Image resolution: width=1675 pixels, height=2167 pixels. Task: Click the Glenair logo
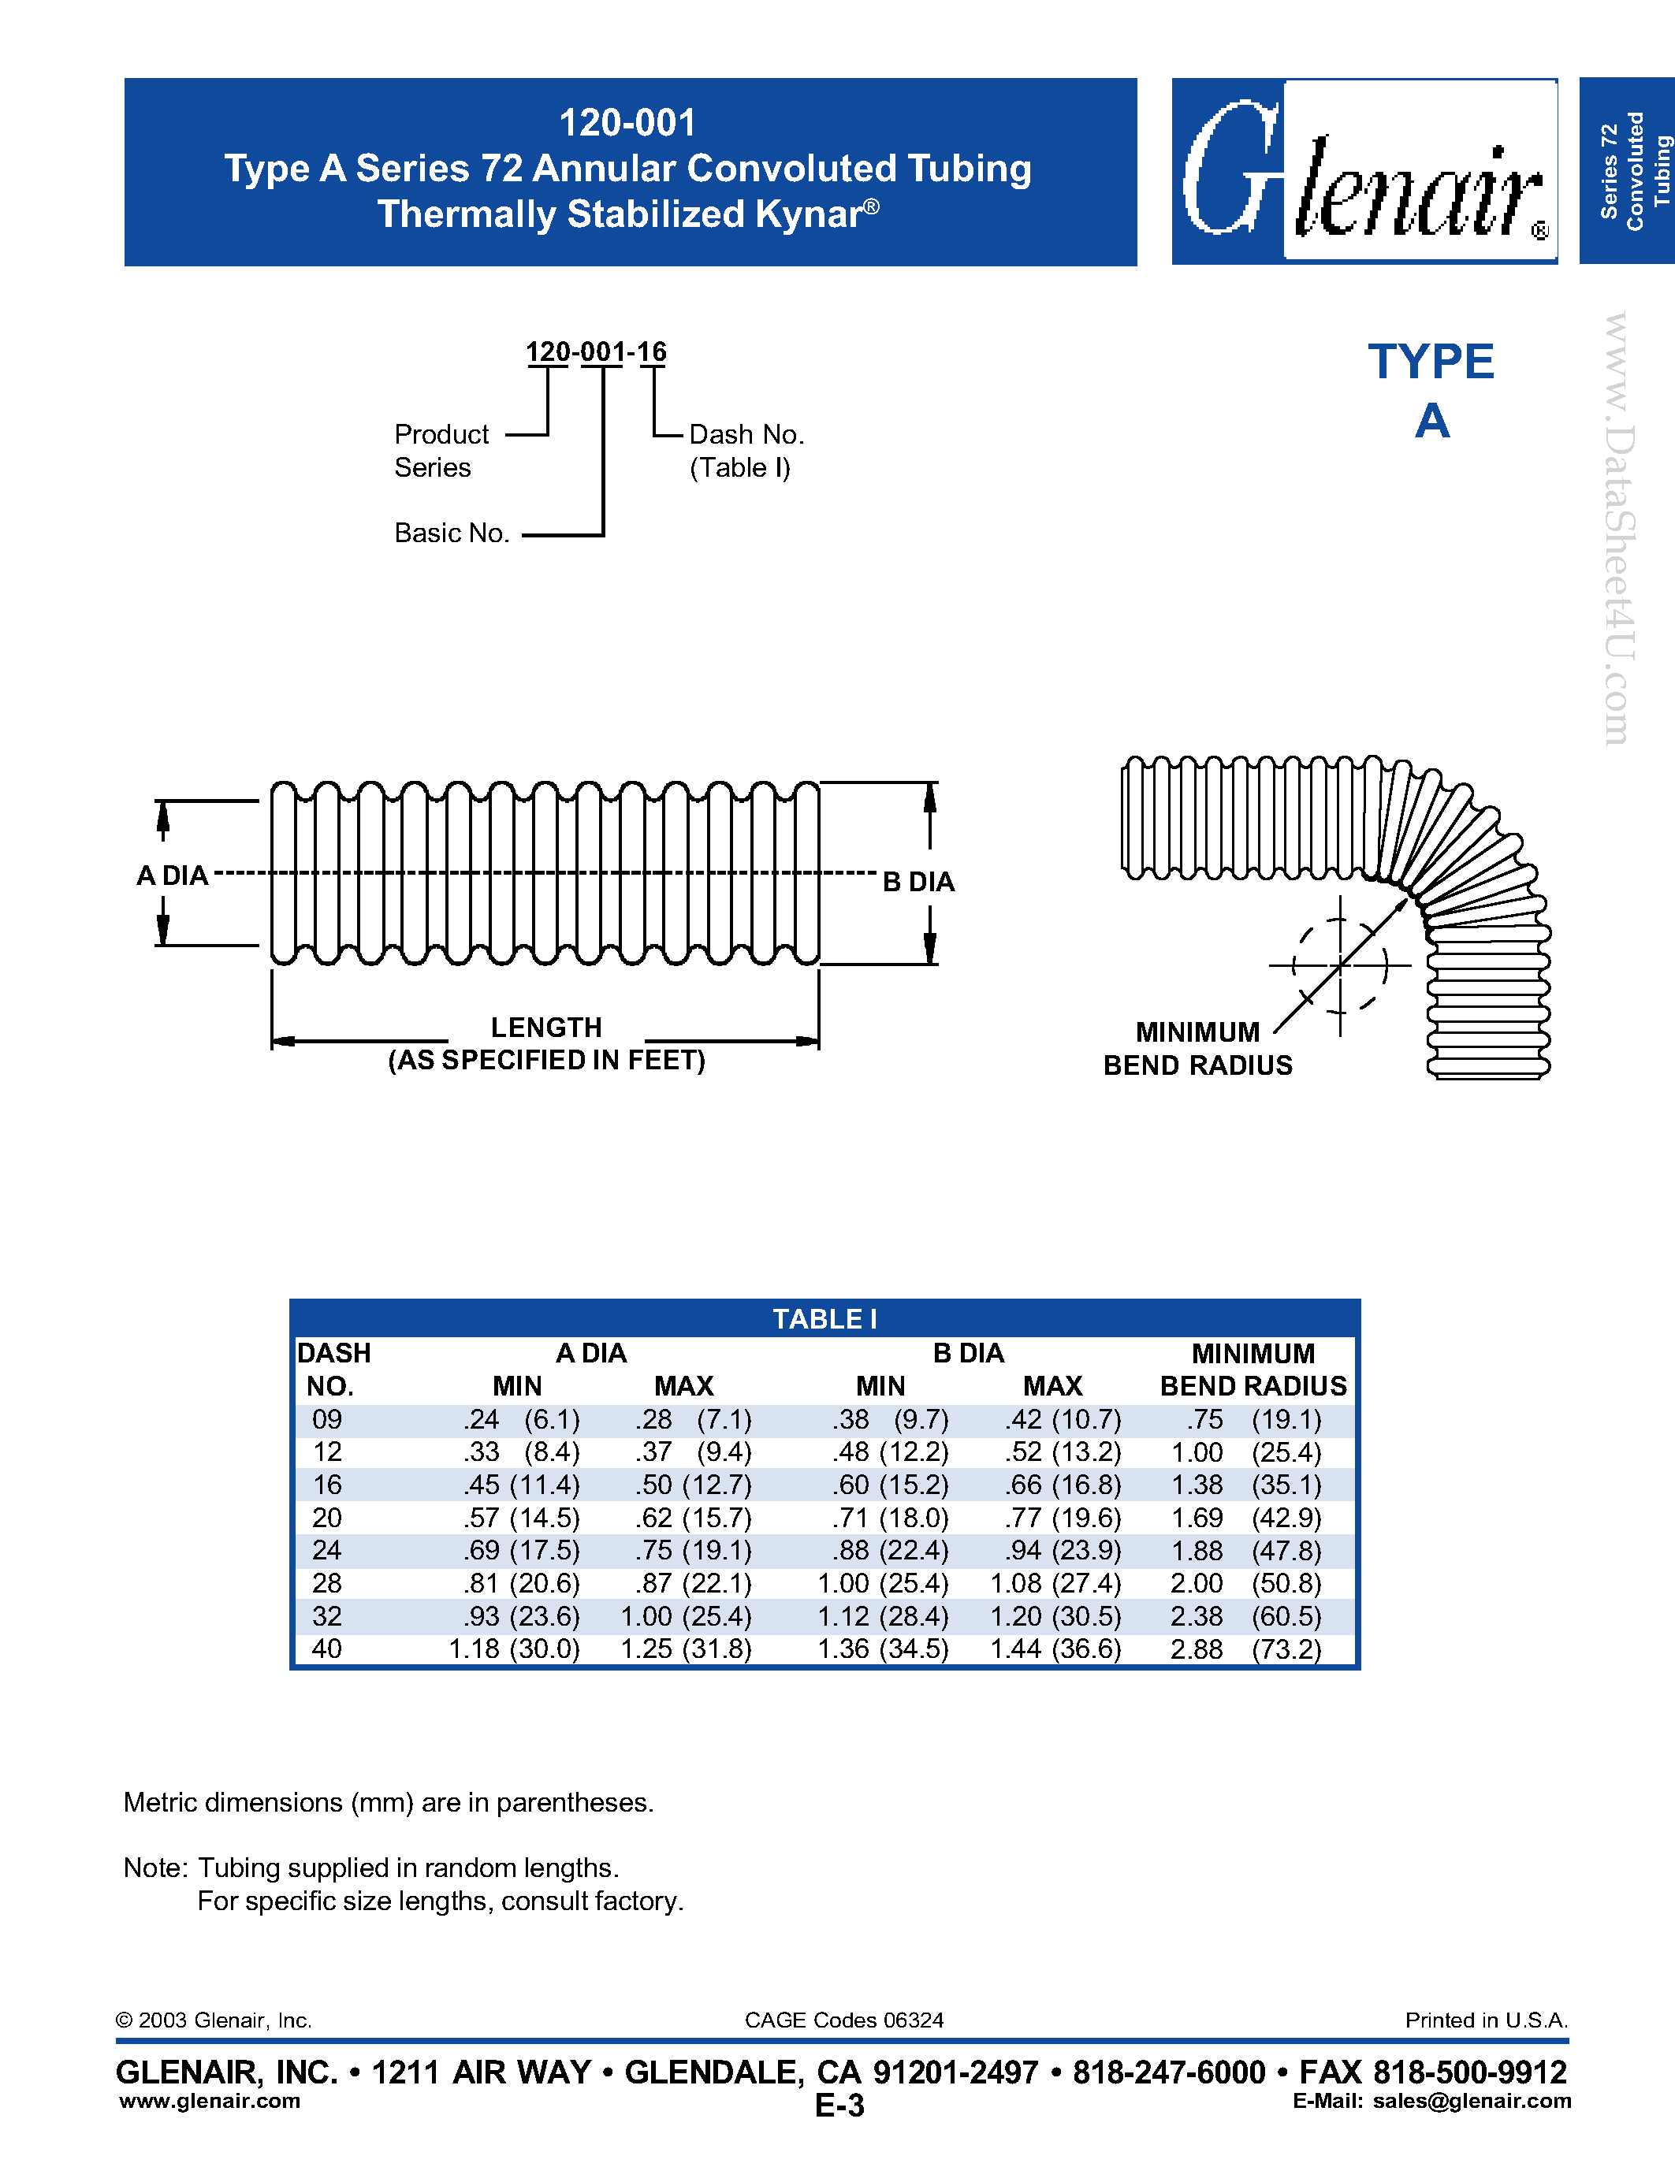click(1364, 172)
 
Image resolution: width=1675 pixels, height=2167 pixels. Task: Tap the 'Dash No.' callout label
click(746, 435)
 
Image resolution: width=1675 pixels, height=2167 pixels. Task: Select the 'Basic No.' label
click(452, 533)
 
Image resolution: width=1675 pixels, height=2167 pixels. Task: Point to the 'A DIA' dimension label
click(173, 875)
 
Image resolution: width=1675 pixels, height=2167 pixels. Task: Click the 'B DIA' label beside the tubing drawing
click(918, 881)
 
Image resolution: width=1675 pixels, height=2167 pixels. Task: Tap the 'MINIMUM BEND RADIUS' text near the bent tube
click(1197, 1049)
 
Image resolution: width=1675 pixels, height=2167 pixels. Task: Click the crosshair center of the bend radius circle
click(1341, 965)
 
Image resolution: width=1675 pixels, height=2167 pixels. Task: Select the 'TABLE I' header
click(824, 1318)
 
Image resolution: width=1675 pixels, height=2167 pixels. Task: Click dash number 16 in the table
click(326, 1485)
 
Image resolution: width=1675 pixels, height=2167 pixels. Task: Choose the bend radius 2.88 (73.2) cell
click(1245, 1649)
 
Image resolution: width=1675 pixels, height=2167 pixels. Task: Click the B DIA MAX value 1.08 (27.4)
click(1055, 1584)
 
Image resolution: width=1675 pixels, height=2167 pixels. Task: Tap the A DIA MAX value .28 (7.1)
click(693, 1419)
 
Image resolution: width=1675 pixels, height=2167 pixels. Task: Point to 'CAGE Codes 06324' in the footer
click(843, 2020)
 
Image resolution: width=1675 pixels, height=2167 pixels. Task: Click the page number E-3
click(839, 2106)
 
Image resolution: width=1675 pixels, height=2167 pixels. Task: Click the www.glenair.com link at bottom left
click(210, 2101)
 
